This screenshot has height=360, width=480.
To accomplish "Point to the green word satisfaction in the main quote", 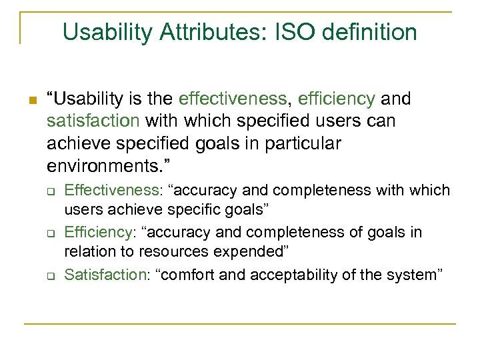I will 93,121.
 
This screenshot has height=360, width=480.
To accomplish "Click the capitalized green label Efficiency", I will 97,232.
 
